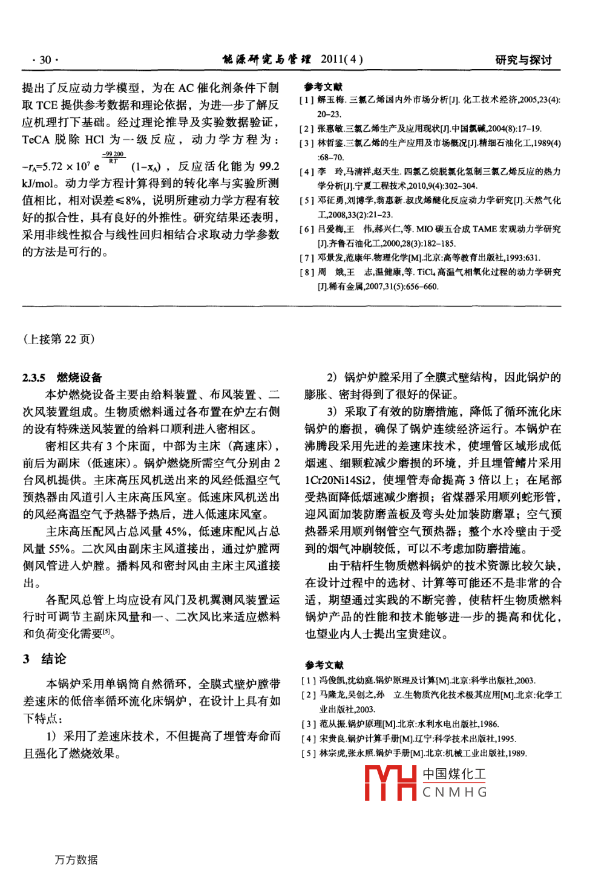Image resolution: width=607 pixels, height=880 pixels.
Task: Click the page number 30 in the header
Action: click(45, 60)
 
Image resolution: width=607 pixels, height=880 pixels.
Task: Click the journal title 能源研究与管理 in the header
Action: click(266, 59)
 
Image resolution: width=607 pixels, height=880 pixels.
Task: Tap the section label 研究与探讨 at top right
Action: click(523, 60)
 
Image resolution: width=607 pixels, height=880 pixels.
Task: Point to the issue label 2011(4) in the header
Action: click(342, 59)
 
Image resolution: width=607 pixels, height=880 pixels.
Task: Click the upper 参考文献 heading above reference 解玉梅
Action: click(323, 87)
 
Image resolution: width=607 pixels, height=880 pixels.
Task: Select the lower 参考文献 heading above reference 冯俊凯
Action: click(324, 665)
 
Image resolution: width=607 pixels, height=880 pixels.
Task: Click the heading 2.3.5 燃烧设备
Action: click(62, 378)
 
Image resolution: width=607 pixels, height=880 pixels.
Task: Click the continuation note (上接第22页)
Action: click(59, 339)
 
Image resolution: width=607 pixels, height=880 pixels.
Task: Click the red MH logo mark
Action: click(390, 783)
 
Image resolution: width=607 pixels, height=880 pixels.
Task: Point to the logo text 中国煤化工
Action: click(454, 774)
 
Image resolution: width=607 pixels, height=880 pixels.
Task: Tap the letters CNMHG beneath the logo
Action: click(454, 792)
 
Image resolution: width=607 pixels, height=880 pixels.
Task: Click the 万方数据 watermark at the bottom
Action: click(76, 860)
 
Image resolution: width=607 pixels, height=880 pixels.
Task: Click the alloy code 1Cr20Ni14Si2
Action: click(343, 480)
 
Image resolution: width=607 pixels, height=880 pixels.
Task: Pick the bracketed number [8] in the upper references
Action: click(307, 273)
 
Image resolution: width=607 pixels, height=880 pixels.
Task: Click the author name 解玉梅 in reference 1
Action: click(331, 100)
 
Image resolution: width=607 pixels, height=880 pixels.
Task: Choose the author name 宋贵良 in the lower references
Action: click(332, 739)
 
